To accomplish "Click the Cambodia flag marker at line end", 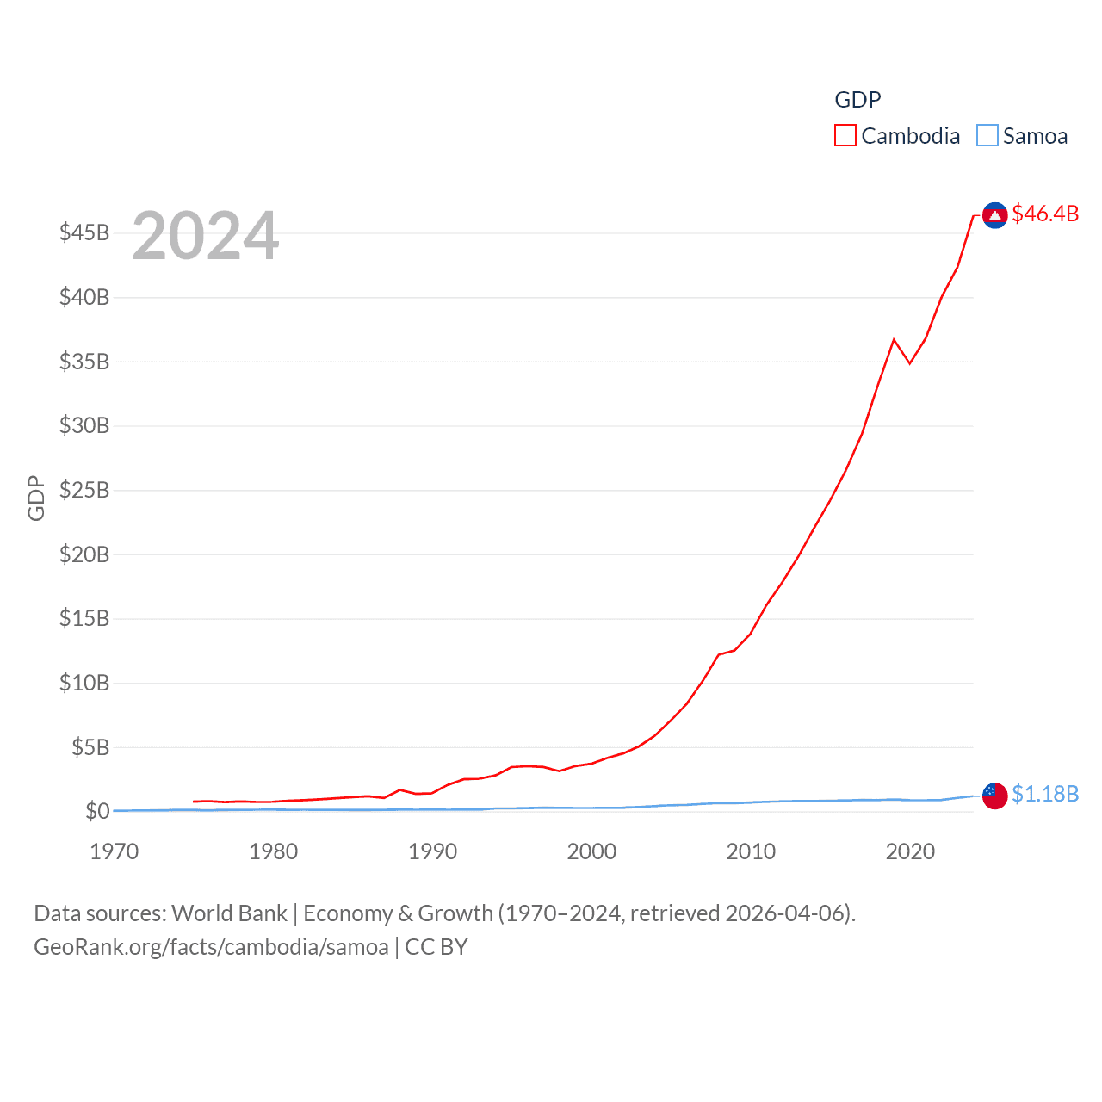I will coord(994,215).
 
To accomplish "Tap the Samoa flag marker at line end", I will coord(994,796).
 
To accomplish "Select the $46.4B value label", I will coord(1045,214).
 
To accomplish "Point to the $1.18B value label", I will coord(1045,794).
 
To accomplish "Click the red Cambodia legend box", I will coord(845,136).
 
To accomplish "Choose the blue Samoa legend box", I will coord(987,136).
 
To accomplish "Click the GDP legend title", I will coord(857,100).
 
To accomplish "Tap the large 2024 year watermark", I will coord(206,236).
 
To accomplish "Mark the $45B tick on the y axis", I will coord(84,233).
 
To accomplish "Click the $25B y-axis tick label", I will coord(84,491).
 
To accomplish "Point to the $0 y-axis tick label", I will coord(97,811).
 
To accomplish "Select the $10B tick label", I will coord(84,684).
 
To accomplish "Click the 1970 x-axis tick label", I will coord(115,852).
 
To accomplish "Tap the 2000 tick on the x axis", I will coord(591,852).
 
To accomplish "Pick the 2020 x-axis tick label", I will coord(910,852).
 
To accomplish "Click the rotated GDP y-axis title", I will coord(36,498).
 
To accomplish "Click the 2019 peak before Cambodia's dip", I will coord(894,339).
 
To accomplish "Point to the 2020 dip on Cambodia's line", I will coord(910,363).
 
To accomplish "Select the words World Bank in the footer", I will coord(229,913).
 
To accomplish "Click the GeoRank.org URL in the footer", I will coord(211,947).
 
